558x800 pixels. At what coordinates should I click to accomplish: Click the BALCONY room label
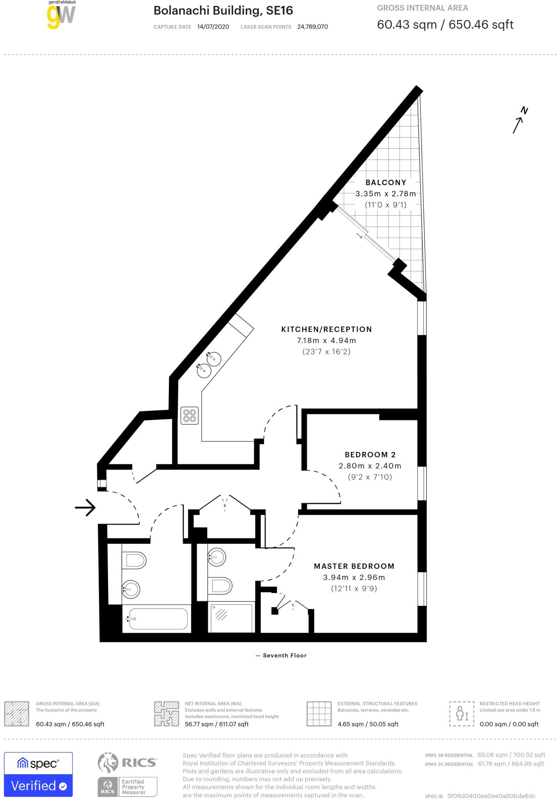pyautogui.click(x=386, y=182)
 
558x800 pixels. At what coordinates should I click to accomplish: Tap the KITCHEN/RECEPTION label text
pyautogui.click(x=326, y=329)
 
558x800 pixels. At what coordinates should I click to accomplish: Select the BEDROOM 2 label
pyautogui.click(x=370, y=455)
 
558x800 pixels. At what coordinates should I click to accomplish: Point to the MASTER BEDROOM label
pyautogui.click(x=354, y=566)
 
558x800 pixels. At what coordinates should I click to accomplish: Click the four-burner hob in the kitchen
pyautogui.click(x=190, y=415)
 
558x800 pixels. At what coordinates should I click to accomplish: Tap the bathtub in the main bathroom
pyautogui.click(x=158, y=619)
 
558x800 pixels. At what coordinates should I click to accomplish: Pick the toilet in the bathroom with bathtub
pyautogui.click(x=134, y=561)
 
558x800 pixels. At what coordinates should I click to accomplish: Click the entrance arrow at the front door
pyautogui.click(x=85, y=508)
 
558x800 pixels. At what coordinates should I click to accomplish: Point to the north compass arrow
pyautogui.click(x=519, y=121)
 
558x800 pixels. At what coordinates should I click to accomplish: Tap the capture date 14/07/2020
pyautogui.click(x=213, y=27)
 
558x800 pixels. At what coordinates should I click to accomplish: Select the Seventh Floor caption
pyautogui.click(x=284, y=655)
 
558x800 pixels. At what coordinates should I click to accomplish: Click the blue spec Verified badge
pyautogui.click(x=38, y=774)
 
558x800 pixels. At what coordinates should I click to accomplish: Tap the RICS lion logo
pyautogui.click(x=108, y=762)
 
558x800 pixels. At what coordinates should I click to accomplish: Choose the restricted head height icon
pyautogui.click(x=462, y=713)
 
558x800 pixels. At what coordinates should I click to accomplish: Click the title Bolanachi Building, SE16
pyautogui.click(x=223, y=11)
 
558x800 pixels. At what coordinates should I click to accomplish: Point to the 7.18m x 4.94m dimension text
pyautogui.click(x=326, y=340)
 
